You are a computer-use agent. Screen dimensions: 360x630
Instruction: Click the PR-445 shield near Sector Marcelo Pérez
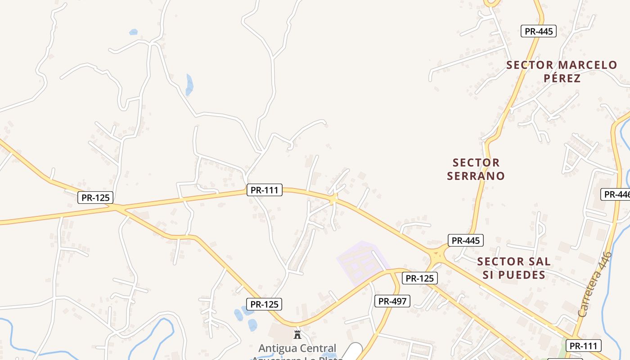(539, 31)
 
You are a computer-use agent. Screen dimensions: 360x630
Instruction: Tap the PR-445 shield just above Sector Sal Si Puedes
(465, 240)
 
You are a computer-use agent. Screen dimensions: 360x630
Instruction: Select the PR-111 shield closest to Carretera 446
(583, 346)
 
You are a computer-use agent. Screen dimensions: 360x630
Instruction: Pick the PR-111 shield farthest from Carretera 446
(265, 190)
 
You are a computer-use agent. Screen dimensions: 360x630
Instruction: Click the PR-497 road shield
(392, 301)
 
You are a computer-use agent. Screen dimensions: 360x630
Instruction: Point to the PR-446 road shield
(616, 194)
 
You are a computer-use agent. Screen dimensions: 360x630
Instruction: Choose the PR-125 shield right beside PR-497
(419, 278)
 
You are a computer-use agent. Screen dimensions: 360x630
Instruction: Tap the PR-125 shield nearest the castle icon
(265, 304)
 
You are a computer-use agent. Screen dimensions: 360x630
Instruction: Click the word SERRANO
(476, 175)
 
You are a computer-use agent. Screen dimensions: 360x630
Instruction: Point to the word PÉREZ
(562, 78)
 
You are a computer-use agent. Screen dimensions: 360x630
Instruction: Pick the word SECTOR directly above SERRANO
(476, 162)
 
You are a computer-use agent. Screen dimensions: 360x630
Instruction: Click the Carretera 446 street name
(595, 284)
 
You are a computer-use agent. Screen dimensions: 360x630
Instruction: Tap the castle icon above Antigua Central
(297, 334)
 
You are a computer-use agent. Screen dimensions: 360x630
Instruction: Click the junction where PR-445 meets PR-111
(436, 255)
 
